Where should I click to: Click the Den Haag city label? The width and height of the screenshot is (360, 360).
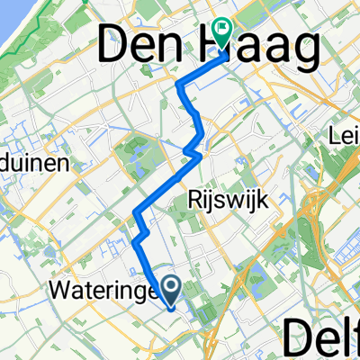(x=207, y=47)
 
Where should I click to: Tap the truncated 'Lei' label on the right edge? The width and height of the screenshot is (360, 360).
(x=345, y=138)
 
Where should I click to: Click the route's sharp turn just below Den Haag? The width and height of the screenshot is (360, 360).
(x=179, y=86)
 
